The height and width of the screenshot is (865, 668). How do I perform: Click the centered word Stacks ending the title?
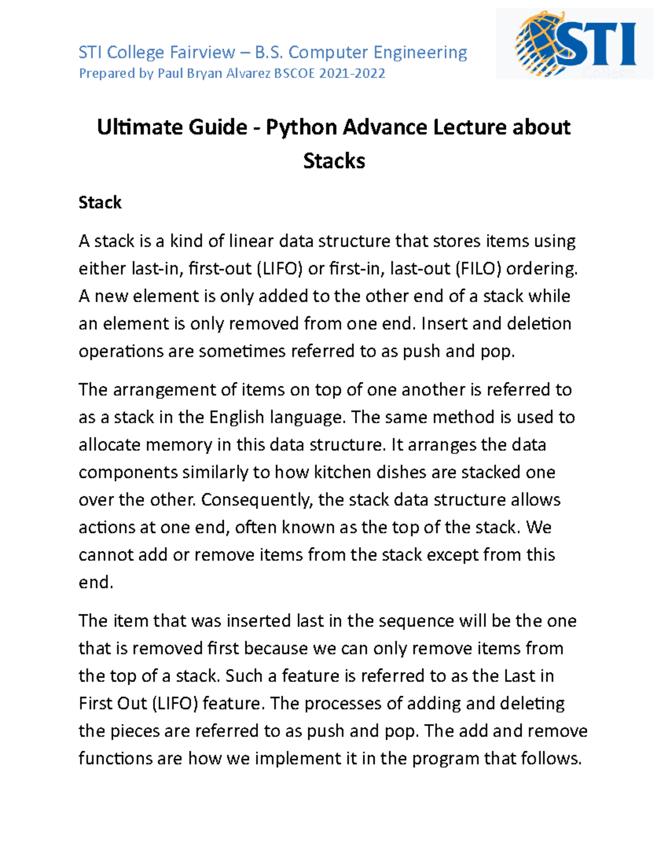(x=334, y=161)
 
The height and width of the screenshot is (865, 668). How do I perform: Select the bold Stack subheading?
(x=100, y=202)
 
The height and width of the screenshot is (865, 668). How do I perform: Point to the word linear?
(x=250, y=241)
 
